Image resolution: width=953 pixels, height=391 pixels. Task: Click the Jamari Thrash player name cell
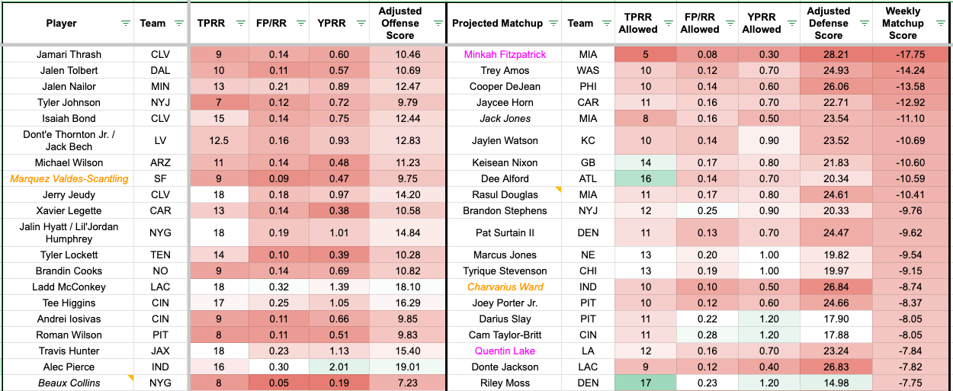point(69,55)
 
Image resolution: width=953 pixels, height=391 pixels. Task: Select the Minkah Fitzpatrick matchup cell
point(505,55)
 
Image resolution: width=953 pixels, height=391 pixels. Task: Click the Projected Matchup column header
point(497,24)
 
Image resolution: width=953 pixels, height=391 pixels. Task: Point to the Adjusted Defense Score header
point(829,24)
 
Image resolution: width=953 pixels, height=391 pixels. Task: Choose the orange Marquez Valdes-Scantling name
point(69,179)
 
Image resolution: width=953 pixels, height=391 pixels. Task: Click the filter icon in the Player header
point(126,24)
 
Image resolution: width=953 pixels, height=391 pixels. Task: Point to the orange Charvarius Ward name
point(505,287)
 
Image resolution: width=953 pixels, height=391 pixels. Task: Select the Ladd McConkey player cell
point(69,287)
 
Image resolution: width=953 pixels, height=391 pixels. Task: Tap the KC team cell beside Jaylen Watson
point(580,140)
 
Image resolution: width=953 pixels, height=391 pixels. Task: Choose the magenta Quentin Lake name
point(505,351)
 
